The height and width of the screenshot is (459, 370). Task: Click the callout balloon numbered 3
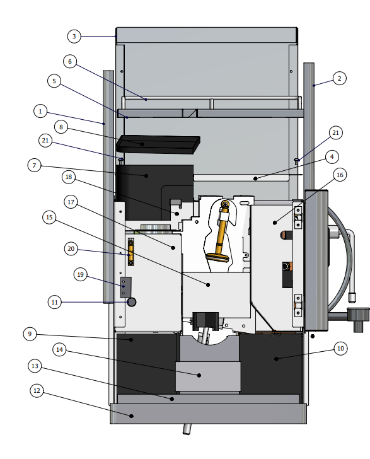coord(74,37)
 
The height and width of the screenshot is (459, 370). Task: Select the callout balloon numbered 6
coord(70,62)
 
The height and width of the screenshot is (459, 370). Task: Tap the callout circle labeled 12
coord(37,390)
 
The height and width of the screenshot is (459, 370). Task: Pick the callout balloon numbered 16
coord(340,175)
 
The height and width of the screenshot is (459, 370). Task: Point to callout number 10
coord(340,348)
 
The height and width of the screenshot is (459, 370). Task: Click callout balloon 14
coord(59,349)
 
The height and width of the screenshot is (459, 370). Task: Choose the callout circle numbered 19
coord(81,275)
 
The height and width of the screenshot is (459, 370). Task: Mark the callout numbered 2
coord(340,78)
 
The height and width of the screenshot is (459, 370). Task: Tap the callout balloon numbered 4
coord(332,157)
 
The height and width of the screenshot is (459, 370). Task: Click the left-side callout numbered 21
coord(45,141)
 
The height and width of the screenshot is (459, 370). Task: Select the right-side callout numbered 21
coord(336,133)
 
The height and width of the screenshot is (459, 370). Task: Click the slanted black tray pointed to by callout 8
coord(158,144)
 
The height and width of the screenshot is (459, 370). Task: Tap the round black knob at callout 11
coord(132,302)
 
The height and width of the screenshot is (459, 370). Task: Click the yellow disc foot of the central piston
coord(217,257)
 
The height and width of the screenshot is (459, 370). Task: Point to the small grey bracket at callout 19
coord(126,287)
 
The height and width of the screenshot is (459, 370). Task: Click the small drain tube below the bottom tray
coord(187,429)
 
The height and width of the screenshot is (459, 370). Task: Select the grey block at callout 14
coord(208,376)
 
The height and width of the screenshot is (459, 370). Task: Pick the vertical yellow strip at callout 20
coord(131,252)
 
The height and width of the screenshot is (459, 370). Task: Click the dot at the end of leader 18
coord(176,214)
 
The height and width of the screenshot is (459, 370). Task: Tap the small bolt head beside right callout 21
coord(296,160)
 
